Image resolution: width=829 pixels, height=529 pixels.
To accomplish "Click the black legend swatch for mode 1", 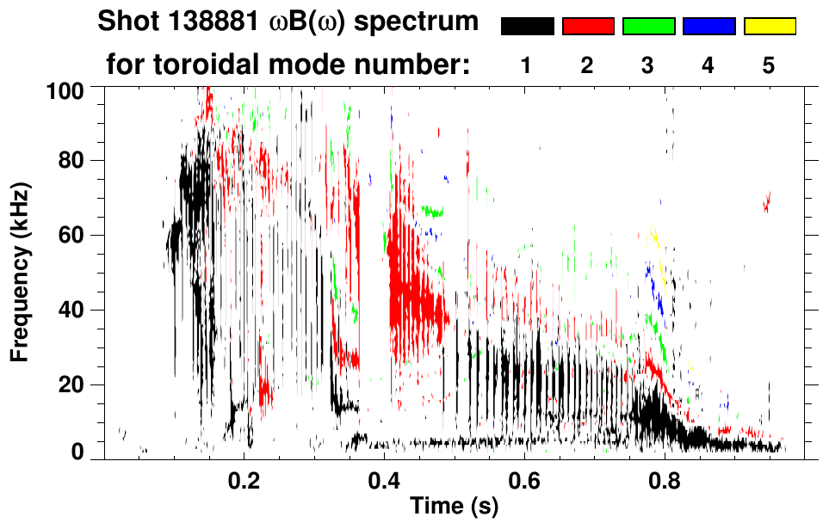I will tap(527, 27).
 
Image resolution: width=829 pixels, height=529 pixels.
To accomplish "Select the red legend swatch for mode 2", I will tap(588, 27).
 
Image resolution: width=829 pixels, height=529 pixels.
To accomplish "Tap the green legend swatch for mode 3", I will tap(648, 27).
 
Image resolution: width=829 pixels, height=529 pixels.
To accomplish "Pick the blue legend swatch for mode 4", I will tap(708, 27).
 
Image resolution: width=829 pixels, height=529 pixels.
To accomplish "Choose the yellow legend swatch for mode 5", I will tap(770, 27).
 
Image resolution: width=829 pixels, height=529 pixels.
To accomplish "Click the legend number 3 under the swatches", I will tap(647, 66).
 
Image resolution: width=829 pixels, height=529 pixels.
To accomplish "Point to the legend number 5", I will tap(769, 66).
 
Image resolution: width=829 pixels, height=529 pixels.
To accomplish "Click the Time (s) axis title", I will tap(454, 507).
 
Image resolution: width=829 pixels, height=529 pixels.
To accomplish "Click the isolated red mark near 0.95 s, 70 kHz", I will tap(766, 202).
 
